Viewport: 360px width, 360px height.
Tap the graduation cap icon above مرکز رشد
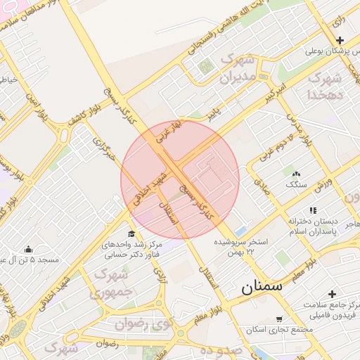click(131, 234)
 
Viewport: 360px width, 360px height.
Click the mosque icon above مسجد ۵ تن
click(28, 249)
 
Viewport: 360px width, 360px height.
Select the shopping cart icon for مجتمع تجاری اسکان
click(279, 319)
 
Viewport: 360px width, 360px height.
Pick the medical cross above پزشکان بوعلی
click(340, 40)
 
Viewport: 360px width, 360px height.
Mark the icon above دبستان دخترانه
click(312, 210)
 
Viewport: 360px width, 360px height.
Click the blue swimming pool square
click(240, 231)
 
